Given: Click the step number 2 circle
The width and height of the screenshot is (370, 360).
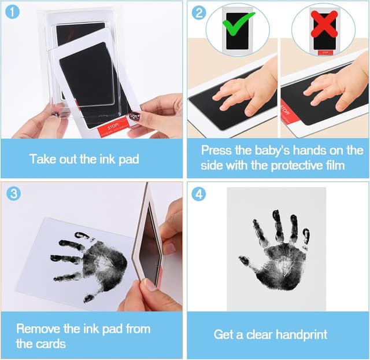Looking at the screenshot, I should [x=198, y=12].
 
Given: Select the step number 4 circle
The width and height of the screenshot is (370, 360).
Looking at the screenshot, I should [x=198, y=193].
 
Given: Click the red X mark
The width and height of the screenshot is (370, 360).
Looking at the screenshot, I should [x=324, y=24].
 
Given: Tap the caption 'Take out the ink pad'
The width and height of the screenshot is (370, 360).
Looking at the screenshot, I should [x=84, y=159].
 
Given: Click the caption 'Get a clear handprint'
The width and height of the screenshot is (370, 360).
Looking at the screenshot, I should [x=271, y=335].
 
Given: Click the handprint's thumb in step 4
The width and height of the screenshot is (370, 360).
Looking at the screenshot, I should [x=246, y=262].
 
